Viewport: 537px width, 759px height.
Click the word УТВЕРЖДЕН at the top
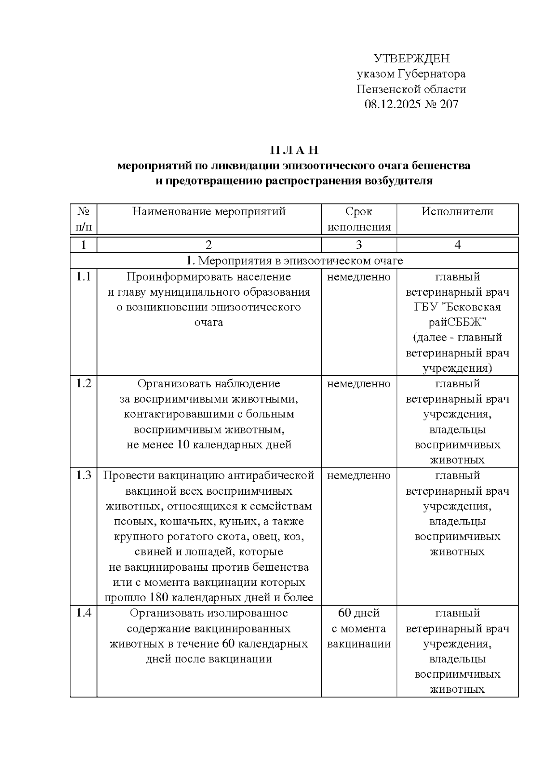pos(411,59)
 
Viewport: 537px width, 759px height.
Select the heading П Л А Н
pos(294,150)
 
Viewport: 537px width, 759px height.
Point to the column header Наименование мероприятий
pos(209,212)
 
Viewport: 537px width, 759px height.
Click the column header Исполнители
pos(457,212)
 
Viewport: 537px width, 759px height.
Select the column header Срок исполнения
pos(359,219)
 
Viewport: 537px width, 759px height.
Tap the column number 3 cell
pos(359,245)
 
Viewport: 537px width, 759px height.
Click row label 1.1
pos(83,277)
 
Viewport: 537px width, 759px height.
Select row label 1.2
pos(83,384)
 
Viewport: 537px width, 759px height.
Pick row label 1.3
pos(83,475)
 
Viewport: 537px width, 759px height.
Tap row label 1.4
pos(83,613)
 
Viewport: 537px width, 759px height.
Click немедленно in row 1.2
pos(359,384)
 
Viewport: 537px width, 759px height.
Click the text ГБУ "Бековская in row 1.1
pos(457,307)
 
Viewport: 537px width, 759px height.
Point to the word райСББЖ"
pos(457,322)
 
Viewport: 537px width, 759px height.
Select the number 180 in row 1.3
pos(160,598)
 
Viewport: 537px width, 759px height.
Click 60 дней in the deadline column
pos(359,613)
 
